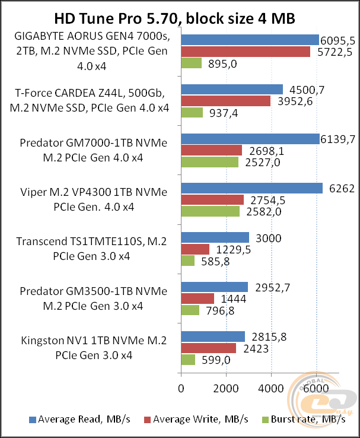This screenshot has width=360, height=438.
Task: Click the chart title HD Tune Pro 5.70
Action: [116, 18]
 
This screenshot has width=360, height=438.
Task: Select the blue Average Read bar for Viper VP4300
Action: [251, 188]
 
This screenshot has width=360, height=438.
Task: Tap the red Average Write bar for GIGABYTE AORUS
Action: [246, 52]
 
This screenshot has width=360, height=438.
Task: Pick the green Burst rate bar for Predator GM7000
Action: [209, 162]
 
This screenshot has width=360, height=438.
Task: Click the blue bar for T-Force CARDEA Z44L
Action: [232, 90]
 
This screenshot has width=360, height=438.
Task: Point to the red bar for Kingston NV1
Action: [208, 348]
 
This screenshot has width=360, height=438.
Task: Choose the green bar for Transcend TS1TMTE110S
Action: [188, 261]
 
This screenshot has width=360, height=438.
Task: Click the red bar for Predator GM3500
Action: [197, 299]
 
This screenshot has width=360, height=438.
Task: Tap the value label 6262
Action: [342, 189]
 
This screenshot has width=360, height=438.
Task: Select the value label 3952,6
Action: [295, 101]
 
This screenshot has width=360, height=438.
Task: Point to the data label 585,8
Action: [215, 262]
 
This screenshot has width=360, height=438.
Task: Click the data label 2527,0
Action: [263, 162]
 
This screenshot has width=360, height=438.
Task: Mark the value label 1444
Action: [234, 299]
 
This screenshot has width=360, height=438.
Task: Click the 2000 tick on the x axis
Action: [226, 388]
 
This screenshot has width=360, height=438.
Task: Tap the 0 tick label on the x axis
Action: [181, 388]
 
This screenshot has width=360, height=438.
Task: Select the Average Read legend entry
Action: [79, 419]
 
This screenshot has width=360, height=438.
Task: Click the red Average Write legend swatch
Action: [147, 420]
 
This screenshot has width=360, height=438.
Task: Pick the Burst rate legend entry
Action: [304, 419]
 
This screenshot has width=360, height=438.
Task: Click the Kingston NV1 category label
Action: [94, 348]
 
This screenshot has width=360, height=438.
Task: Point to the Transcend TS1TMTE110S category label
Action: [91, 249]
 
